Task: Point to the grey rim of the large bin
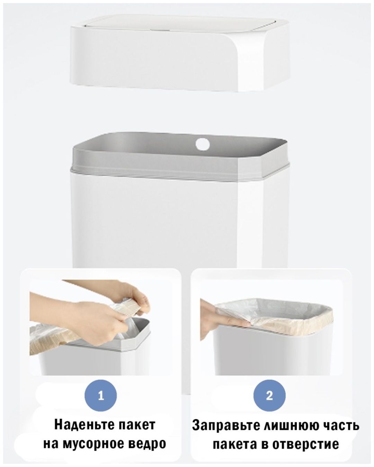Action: click(x=180, y=156)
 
